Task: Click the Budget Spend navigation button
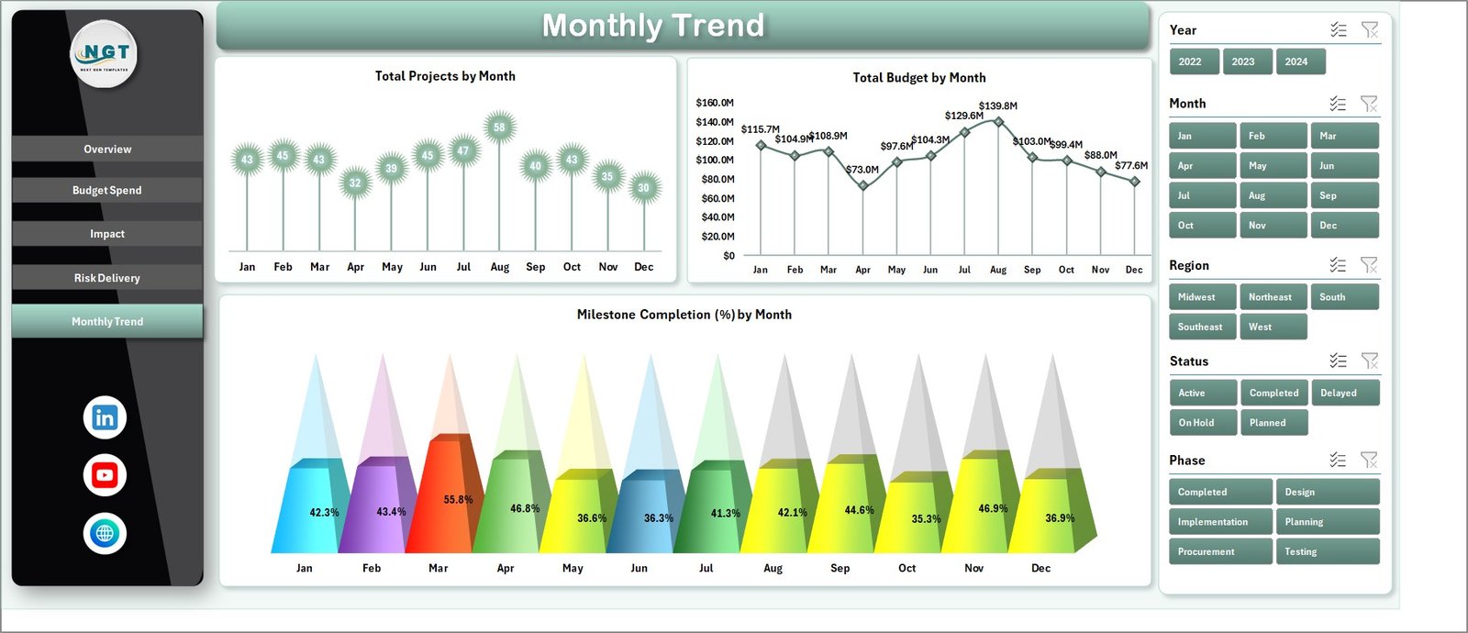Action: pyautogui.click(x=107, y=190)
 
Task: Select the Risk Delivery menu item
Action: pyautogui.click(x=107, y=278)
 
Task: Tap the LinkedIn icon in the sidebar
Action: pyautogui.click(x=105, y=417)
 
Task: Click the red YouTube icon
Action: pyautogui.click(x=105, y=475)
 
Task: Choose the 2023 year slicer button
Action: pyautogui.click(x=1243, y=61)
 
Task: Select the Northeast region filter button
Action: pyautogui.click(x=1273, y=297)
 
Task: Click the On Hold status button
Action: pyautogui.click(x=1202, y=423)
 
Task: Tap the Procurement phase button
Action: pyautogui.click(x=1220, y=551)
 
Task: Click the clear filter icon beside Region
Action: pyautogui.click(x=1369, y=265)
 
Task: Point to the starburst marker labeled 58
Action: pyautogui.click(x=499, y=128)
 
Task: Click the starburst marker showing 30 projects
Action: pyautogui.click(x=644, y=187)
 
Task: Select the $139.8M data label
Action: pyautogui.click(x=998, y=106)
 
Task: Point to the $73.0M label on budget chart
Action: pyautogui.click(x=862, y=170)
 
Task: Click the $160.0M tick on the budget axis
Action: pyautogui.click(x=715, y=103)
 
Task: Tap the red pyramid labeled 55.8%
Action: pyautogui.click(x=446, y=500)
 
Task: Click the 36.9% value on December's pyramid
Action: pyautogui.click(x=1060, y=518)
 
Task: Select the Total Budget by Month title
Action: pyautogui.click(x=919, y=78)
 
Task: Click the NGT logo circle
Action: pyautogui.click(x=105, y=54)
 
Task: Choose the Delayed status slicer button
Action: pyautogui.click(x=1344, y=393)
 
